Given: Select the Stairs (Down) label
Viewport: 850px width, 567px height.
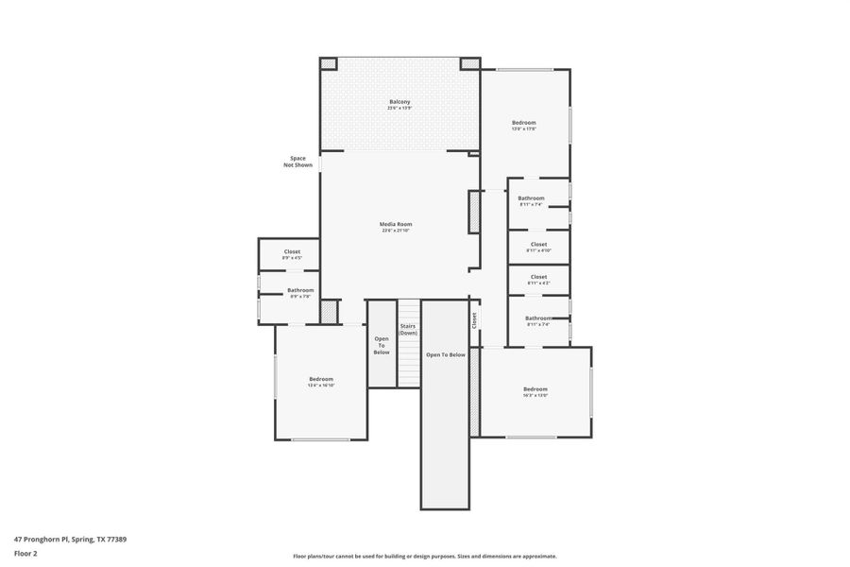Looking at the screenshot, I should [x=407, y=329].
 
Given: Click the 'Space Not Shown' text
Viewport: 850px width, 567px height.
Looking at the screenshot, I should [x=297, y=162].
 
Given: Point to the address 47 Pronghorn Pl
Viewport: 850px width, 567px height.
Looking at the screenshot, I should [x=70, y=539].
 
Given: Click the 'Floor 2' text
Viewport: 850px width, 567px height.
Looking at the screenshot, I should [x=25, y=554].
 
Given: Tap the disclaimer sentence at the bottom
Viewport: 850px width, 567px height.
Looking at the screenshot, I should [x=424, y=556].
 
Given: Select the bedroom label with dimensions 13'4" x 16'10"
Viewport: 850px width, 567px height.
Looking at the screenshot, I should [x=321, y=381].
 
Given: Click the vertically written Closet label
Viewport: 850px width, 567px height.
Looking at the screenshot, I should [x=474, y=320].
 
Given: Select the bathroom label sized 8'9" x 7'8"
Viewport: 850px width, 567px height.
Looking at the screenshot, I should [x=300, y=293].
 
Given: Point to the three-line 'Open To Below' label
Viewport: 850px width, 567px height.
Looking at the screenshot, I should [x=382, y=345].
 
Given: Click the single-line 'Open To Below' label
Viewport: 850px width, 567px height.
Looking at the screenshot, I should [x=445, y=354].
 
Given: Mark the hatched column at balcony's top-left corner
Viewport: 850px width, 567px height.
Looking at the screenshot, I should [x=328, y=63].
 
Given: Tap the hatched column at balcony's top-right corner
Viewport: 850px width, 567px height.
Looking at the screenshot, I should [x=469, y=63].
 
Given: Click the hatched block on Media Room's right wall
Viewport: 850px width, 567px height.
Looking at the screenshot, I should [x=474, y=212].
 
